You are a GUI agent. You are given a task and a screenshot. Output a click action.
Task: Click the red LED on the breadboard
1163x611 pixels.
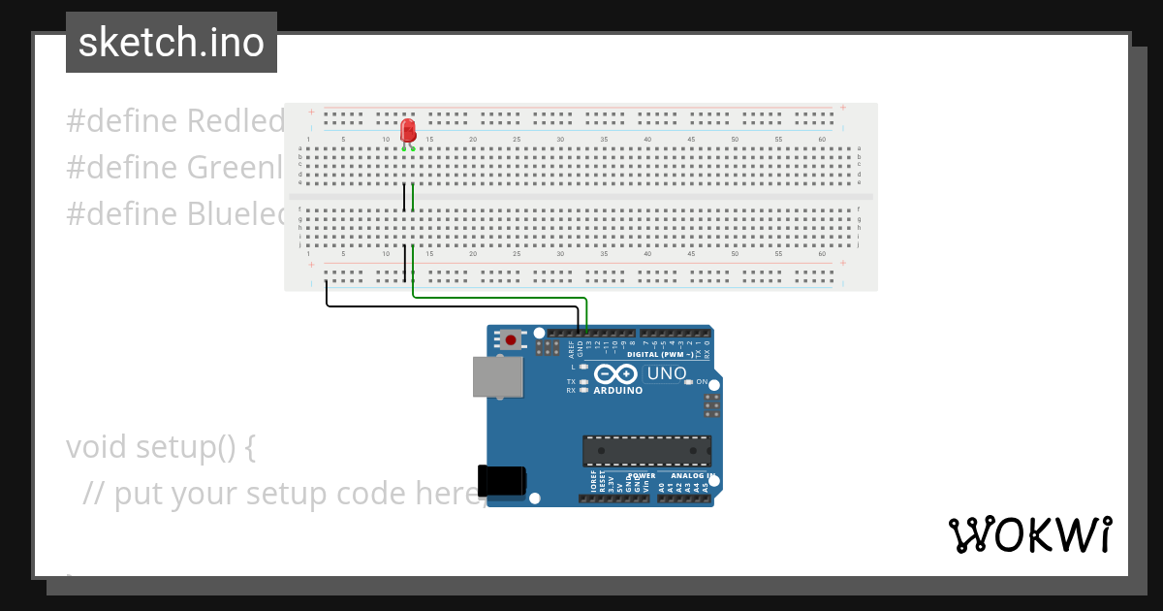point(408,131)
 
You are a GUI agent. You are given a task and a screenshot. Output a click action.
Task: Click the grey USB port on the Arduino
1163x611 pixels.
point(497,376)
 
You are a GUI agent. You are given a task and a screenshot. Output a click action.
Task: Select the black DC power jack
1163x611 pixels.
point(502,482)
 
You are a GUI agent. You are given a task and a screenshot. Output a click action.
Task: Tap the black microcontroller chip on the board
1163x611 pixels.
point(646,451)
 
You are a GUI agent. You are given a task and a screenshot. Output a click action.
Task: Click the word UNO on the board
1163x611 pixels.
point(667,373)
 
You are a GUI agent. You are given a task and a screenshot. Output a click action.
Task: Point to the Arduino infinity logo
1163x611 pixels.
point(616,374)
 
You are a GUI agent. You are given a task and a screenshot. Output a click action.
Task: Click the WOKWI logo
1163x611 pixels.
point(1030,534)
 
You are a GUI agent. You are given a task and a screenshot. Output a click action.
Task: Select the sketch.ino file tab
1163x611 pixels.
point(172,43)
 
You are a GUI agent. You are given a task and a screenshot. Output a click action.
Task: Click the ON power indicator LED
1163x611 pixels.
point(689,382)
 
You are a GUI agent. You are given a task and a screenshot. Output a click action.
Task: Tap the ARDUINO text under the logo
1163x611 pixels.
point(617,391)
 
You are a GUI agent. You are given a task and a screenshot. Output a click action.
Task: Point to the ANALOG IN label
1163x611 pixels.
point(686,476)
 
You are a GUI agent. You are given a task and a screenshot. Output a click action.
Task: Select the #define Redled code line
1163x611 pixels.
point(175,121)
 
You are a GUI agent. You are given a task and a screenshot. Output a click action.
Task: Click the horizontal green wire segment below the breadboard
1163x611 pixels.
point(499,297)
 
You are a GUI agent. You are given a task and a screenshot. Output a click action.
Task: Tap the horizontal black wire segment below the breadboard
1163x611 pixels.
point(452,306)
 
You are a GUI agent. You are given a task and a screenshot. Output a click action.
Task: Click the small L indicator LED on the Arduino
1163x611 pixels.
point(584,368)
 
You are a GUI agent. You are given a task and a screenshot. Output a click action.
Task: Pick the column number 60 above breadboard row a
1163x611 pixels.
point(822,140)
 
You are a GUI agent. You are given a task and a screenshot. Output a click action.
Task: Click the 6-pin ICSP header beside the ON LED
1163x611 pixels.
point(712,405)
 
